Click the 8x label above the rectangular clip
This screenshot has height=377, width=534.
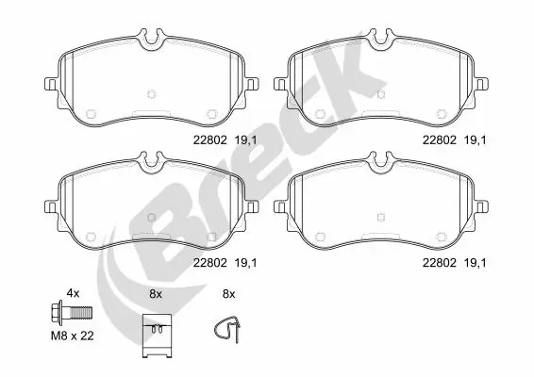[x=156, y=294]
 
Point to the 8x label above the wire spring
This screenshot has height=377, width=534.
[x=227, y=294]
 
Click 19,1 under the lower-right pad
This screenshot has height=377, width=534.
[x=476, y=266]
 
